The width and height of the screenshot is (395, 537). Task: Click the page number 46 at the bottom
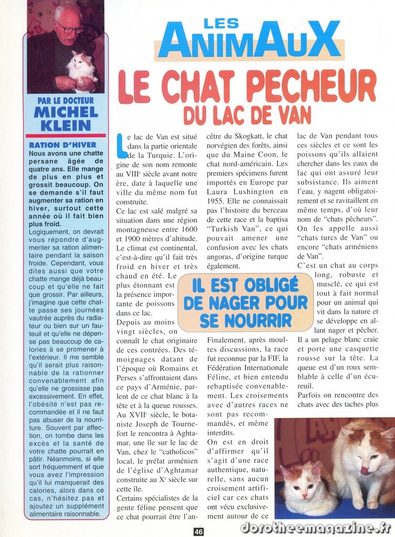[198, 531]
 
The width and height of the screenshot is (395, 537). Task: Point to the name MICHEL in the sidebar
[66, 112]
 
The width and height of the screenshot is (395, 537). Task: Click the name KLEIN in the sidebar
[66, 125]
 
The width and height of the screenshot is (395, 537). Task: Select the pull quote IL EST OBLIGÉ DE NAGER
[245, 303]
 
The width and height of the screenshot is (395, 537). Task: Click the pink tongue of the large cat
[364, 470]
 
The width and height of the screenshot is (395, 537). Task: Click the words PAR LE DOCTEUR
[66, 100]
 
